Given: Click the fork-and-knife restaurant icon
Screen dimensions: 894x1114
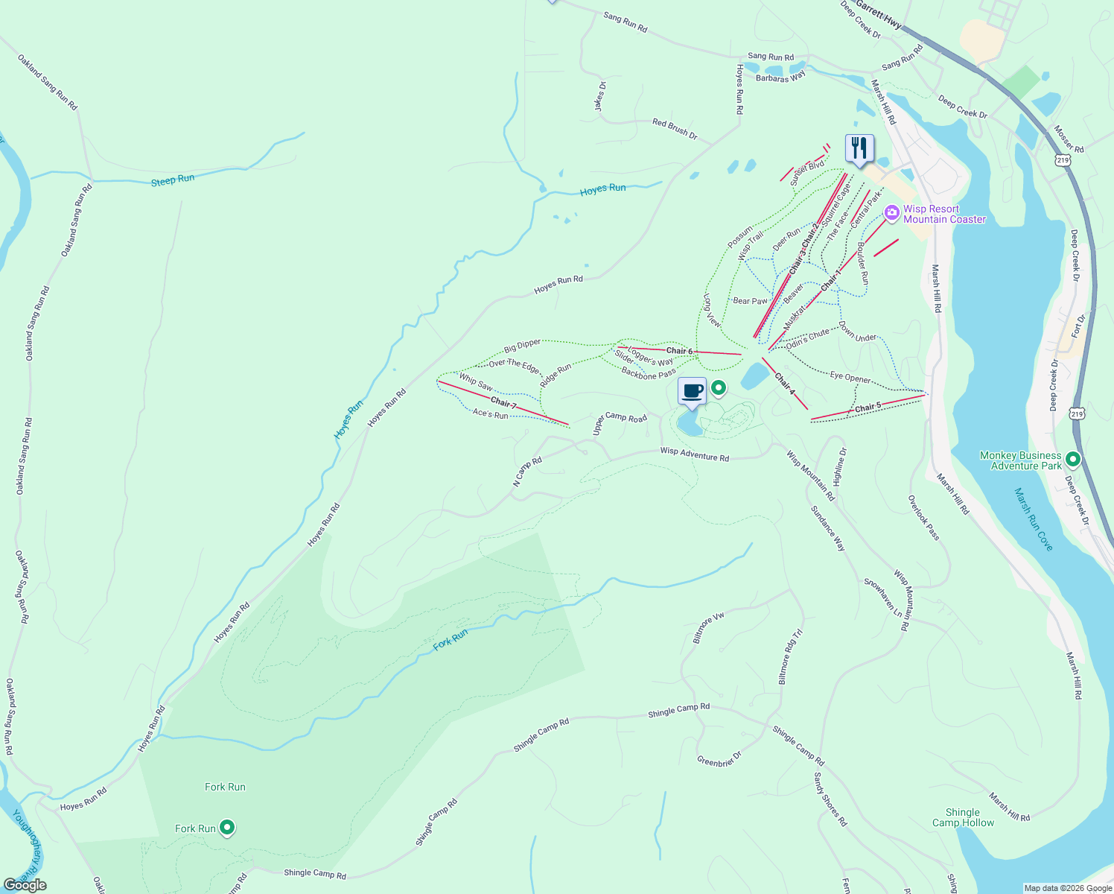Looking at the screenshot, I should click(859, 148).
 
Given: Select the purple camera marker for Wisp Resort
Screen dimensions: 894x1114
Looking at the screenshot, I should click(891, 215).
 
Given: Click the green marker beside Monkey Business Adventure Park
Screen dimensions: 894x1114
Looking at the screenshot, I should click(1073, 460).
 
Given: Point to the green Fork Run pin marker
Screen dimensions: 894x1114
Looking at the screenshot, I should click(228, 828).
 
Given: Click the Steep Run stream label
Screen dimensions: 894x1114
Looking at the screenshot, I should click(173, 180).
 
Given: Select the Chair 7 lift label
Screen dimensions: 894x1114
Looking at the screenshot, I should click(503, 403).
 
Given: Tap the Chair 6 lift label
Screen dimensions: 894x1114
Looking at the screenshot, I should click(679, 351).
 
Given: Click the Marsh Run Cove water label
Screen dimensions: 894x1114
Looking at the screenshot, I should click(1034, 519).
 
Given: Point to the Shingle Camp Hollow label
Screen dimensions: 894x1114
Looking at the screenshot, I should click(963, 817).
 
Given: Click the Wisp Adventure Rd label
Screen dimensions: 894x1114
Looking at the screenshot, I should click(694, 454).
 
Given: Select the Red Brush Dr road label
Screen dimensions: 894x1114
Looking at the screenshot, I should click(675, 129).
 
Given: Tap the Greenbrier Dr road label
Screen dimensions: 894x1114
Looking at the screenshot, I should click(719, 759).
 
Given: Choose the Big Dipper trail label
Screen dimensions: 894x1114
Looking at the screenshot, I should click(522, 346).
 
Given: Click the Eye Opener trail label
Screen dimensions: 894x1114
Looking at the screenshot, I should click(850, 378).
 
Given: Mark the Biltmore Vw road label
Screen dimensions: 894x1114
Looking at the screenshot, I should click(708, 628).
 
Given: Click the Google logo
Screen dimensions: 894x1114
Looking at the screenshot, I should click(25, 884).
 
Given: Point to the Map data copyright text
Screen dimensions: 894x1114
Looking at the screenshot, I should click(1067, 888).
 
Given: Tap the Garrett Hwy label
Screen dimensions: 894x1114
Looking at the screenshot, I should click(879, 14).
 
